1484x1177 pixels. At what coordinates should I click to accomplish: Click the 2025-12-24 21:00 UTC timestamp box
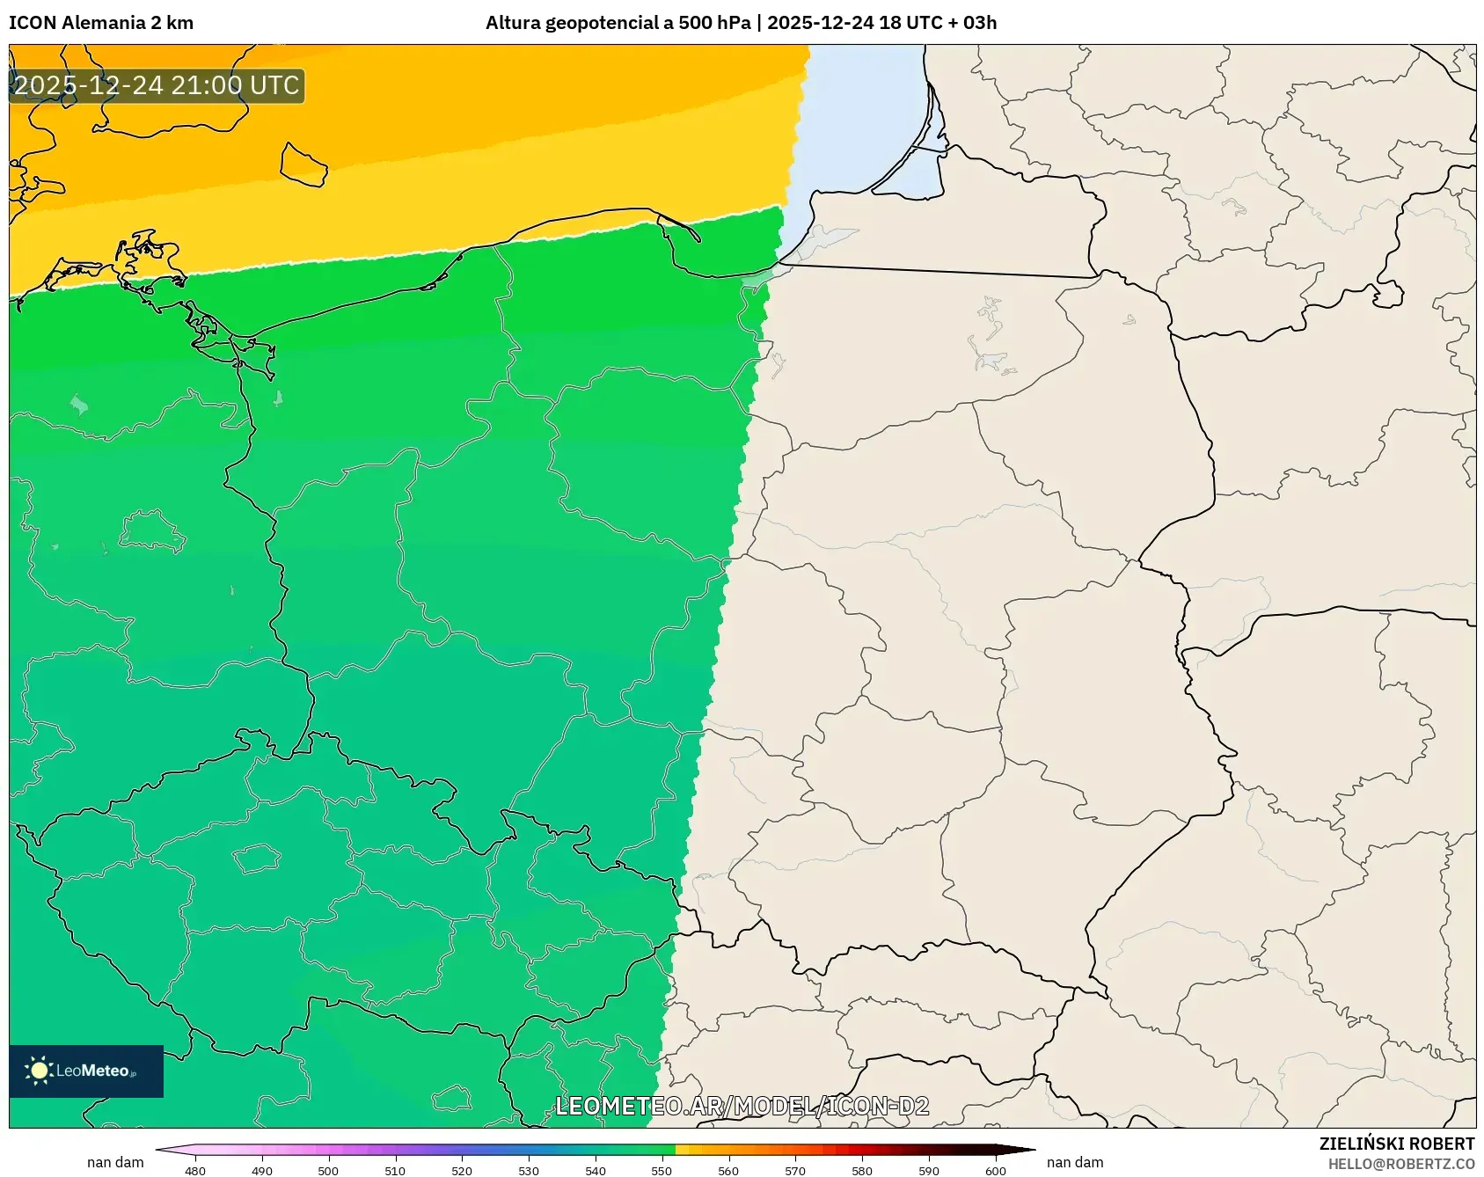(x=157, y=86)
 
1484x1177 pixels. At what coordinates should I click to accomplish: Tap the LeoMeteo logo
(x=86, y=1071)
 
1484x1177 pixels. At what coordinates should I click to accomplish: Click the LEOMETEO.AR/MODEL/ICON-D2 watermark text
(x=742, y=1106)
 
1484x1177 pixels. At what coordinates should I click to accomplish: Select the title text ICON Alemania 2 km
(x=101, y=23)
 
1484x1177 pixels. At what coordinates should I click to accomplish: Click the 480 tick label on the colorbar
(x=195, y=1171)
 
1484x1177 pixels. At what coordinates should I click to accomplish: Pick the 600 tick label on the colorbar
(x=996, y=1171)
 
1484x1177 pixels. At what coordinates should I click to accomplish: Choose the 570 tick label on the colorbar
(x=795, y=1171)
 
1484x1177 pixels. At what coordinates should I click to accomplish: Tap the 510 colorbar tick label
(x=395, y=1171)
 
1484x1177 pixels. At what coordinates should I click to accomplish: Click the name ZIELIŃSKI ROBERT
(x=1396, y=1144)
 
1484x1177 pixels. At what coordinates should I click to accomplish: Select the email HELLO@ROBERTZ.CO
(x=1400, y=1164)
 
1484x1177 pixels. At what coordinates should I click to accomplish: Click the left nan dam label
(x=115, y=1162)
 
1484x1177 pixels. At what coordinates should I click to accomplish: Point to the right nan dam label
(x=1075, y=1162)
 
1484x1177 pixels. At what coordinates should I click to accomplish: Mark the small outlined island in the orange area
(x=303, y=164)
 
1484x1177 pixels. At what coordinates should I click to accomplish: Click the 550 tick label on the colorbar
(x=662, y=1171)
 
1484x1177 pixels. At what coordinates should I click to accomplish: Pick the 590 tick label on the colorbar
(x=929, y=1171)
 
